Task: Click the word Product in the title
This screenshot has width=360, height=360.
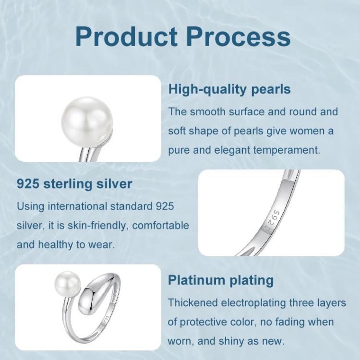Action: coord(126,37)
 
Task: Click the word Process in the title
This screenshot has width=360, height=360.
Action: coord(238,37)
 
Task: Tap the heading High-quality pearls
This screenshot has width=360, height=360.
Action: coord(229,90)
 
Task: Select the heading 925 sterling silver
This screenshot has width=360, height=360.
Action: coord(74,184)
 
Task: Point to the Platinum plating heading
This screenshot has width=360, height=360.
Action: coord(221,280)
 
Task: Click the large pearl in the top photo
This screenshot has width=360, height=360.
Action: coord(87,122)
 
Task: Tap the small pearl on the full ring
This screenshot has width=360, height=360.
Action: coord(68,284)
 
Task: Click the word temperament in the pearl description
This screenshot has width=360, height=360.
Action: coord(287,150)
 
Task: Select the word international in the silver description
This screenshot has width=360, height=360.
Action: coord(77,206)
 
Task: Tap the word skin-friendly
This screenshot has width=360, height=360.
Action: coord(97,226)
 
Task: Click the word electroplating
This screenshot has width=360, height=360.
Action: coord(253,303)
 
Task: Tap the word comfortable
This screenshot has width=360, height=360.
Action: coord(160,226)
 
